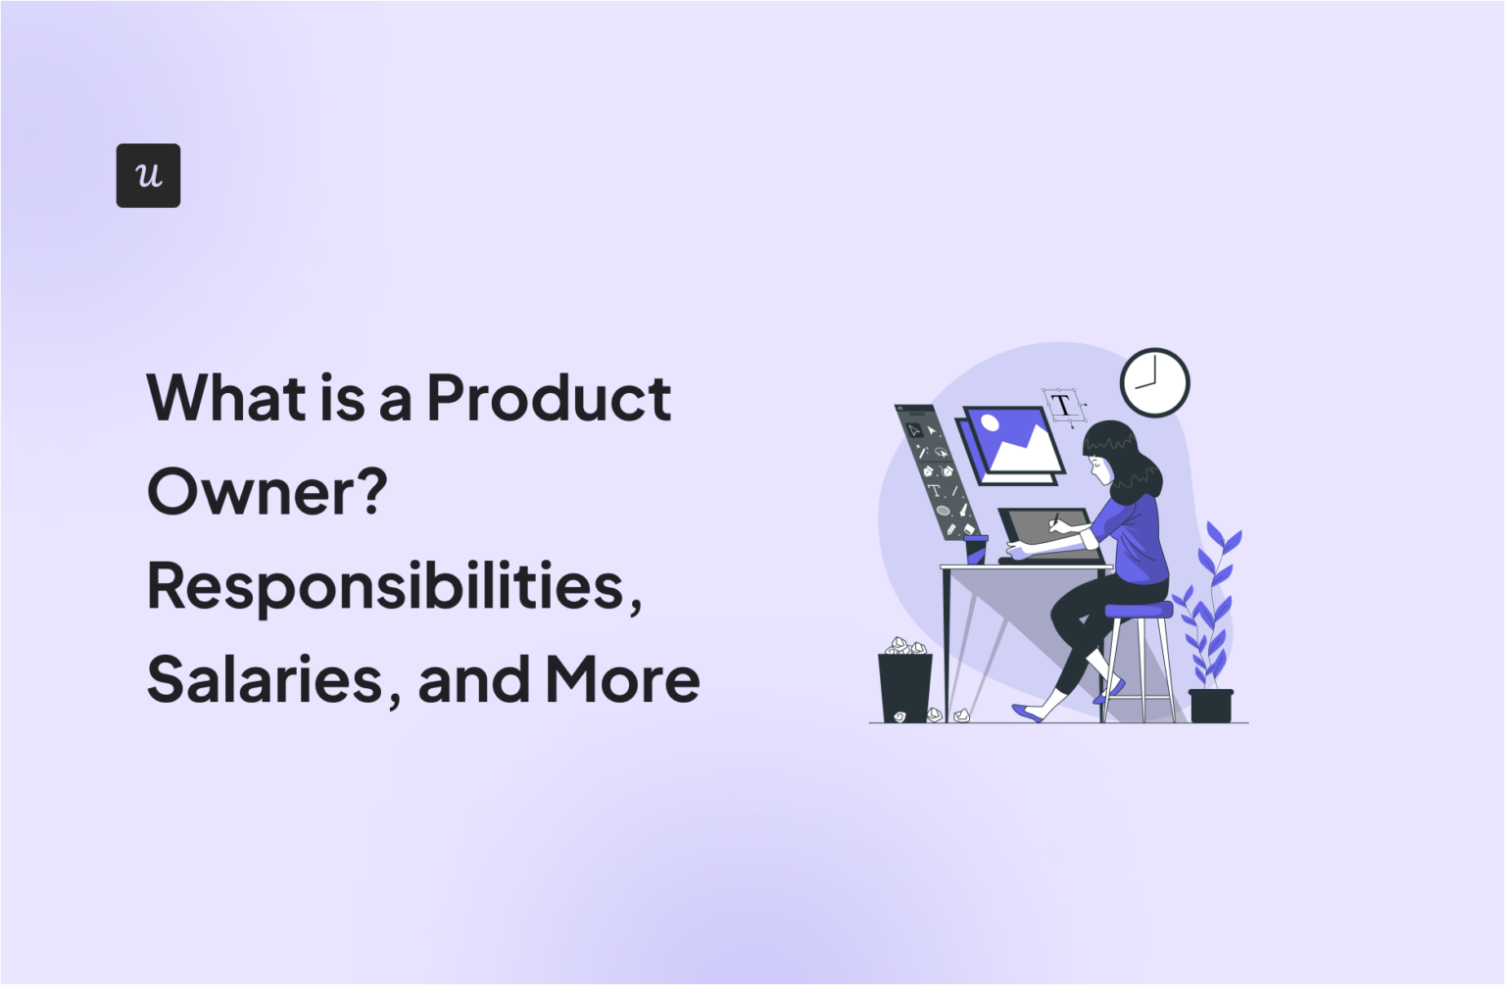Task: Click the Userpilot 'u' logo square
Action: (x=148, y=175)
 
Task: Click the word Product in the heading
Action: (x=549, y=398)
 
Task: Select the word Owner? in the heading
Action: (x=267, y=491)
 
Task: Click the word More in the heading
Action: (x=622, y=679)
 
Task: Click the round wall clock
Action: (x=1154, y=382)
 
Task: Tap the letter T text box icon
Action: (x=1063, y=405)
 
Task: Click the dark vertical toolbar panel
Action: (x=936, y=471)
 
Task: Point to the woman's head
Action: (x=1111, y=452)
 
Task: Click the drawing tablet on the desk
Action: (x=1048, y=534)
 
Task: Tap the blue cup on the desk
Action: (x=976, y=549)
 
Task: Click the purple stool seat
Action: (x=1139, y=611)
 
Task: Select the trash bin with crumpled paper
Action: (x=904, y=685)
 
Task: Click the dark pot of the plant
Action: (x=1211, y=706)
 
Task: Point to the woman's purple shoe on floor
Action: (x=1029, y=713)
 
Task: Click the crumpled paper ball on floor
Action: (x=962, y=715)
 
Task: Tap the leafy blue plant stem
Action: (x=1211, y=608)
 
